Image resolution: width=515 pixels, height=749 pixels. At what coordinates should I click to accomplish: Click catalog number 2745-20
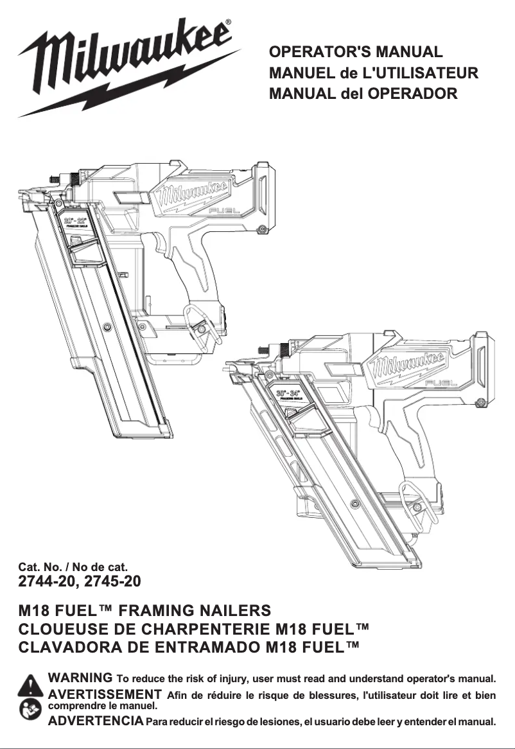pyautogui.click(x=112, y=582)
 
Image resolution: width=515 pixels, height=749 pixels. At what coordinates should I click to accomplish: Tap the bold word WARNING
pyautogui.click(x=81, y=678)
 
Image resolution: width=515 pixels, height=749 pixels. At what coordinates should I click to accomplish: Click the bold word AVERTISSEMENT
pyautogui.click(x=105, y=694)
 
